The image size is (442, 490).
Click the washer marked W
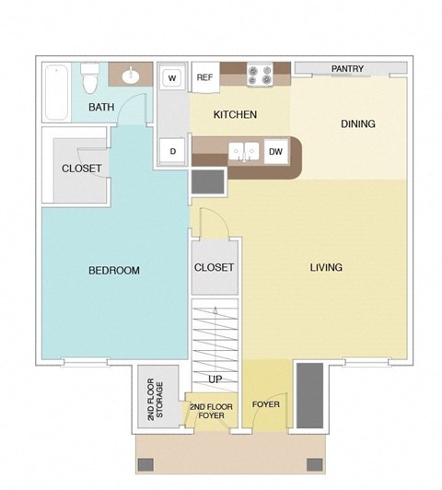click(171, 78)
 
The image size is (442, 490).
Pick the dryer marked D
click(171, 151)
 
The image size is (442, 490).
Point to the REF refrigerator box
click(204, 77)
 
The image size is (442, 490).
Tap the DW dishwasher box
click(274, 151)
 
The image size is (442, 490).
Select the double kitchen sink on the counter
click(243, 151)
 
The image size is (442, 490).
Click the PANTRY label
click(347, 69)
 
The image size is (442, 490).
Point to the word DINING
click(358, 124)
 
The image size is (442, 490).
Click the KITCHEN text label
click(235, 115)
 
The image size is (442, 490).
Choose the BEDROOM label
click(113, 271)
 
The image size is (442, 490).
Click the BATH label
click(100, 109)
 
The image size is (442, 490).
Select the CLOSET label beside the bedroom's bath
click(81, 169)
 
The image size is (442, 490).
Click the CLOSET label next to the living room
click(214, 268)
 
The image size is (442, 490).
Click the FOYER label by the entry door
click(265, 404)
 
